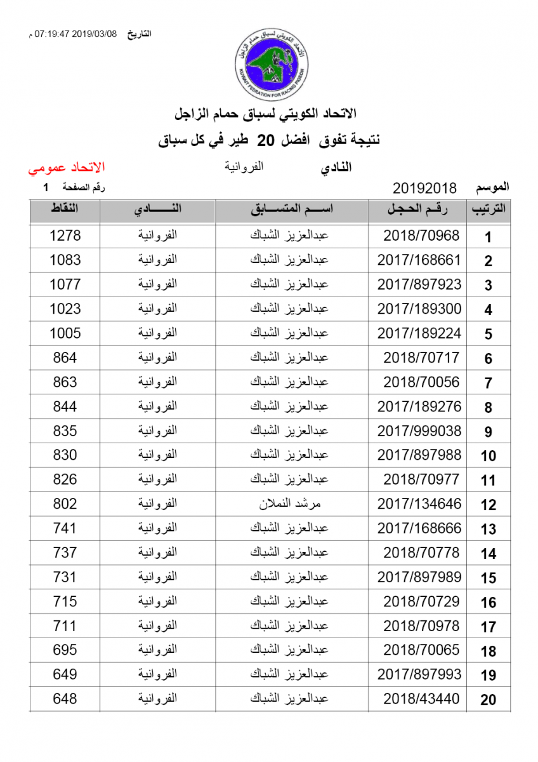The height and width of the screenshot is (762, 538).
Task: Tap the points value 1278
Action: point(65,236)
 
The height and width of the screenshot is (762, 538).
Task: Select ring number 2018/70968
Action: point(421,236)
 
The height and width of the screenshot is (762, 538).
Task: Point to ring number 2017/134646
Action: point(419,504)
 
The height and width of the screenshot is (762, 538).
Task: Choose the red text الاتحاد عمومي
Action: point(66,168)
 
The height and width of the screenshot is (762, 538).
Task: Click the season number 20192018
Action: point(425,188)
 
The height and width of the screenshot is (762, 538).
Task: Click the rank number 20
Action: point(488,700)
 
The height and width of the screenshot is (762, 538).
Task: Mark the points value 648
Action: point(65,698)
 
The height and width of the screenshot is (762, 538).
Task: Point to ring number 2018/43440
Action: point(421,698)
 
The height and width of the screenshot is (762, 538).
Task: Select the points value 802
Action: point(65,504)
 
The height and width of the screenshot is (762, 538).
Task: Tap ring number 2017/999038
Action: point(419,431)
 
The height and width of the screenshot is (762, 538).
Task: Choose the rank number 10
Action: point(488,457)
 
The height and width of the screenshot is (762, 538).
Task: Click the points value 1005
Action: point(65,333)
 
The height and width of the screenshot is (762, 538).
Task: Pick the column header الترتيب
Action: point(488,210)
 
